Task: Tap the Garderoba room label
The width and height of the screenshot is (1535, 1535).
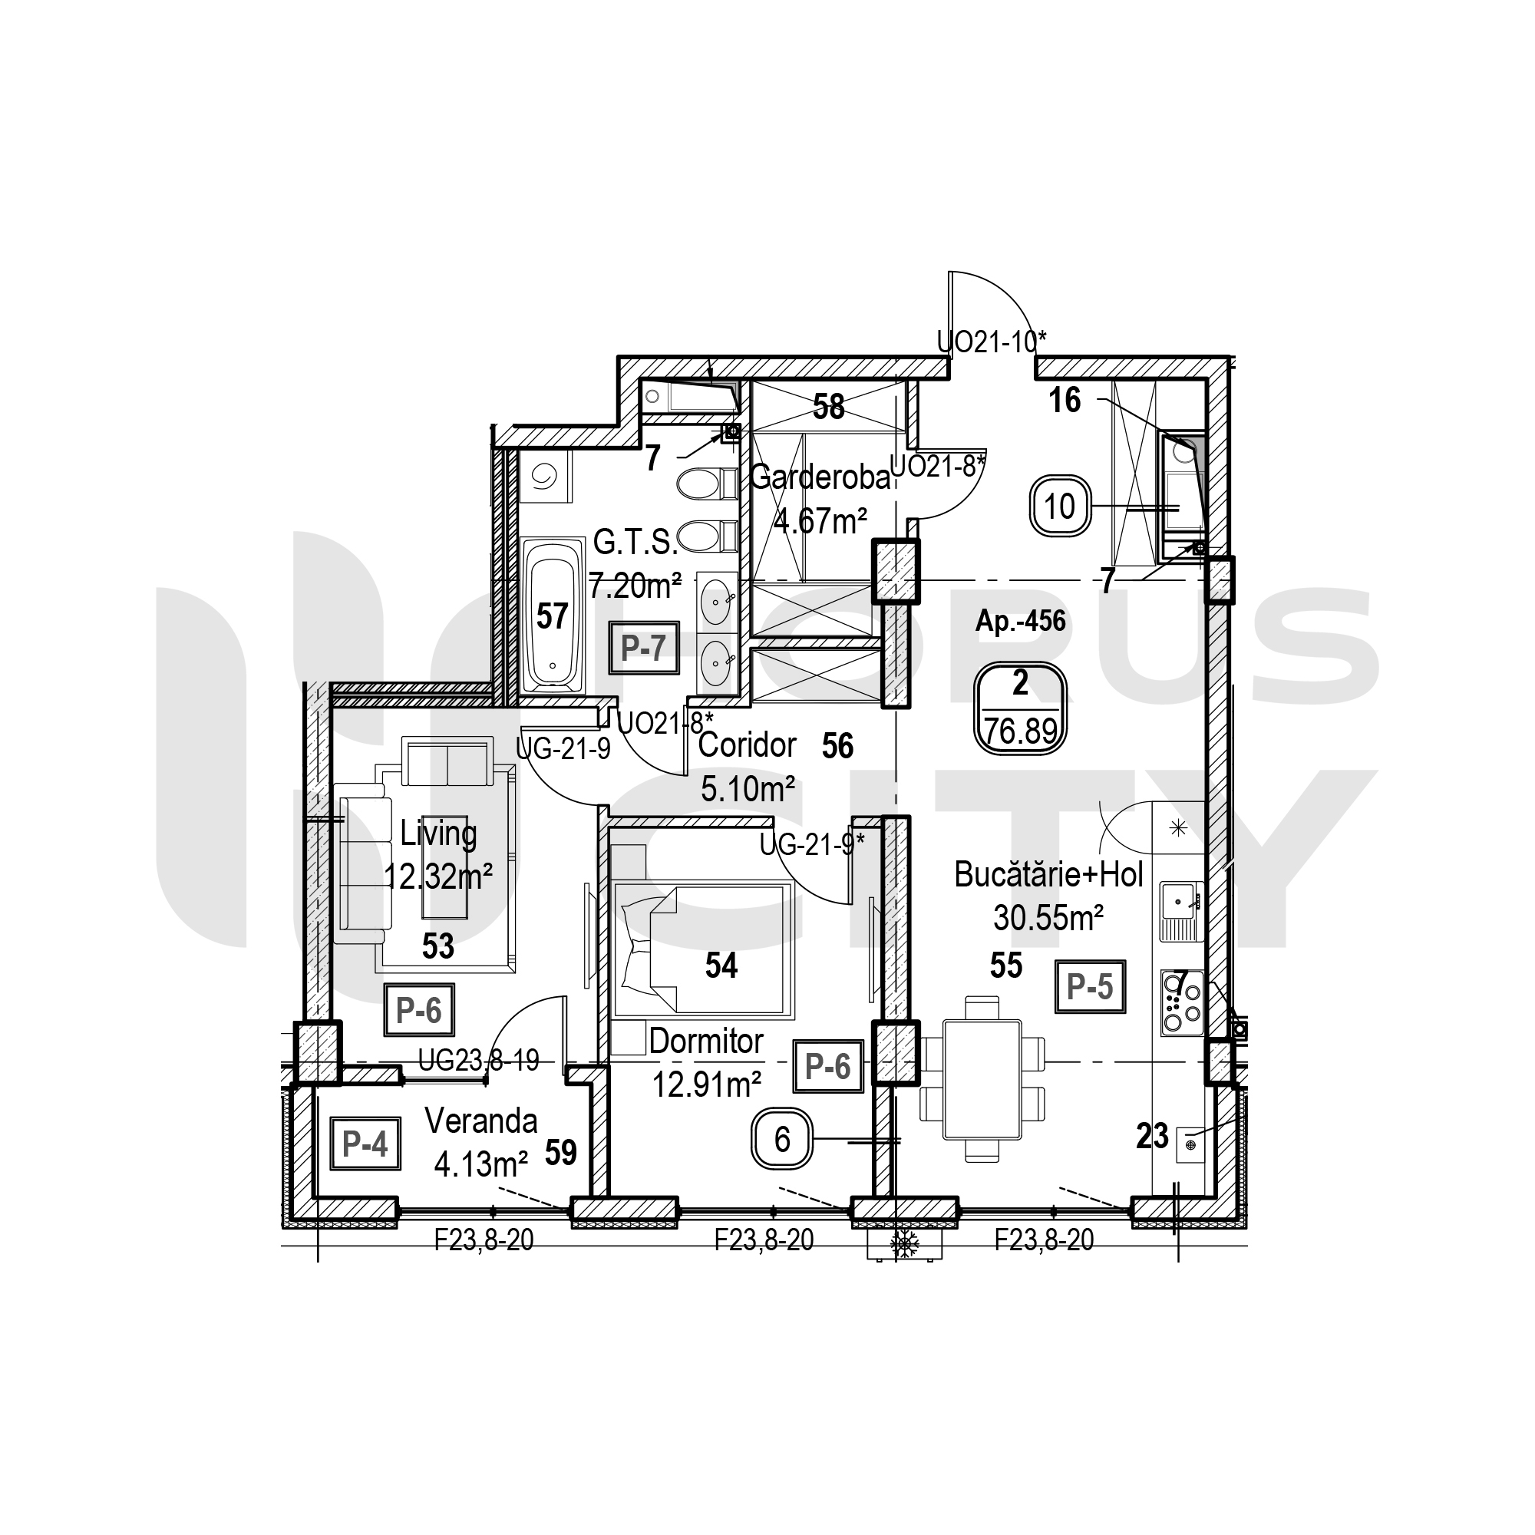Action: point(820,477)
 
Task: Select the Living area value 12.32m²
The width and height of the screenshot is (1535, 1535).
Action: point(438,877)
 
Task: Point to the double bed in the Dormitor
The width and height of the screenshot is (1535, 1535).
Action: point(703,949)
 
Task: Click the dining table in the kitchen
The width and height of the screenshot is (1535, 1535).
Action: point(982,1080)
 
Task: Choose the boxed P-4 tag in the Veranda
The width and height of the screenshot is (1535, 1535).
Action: point(365,1144)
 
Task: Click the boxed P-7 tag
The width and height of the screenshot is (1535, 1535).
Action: point(645,648)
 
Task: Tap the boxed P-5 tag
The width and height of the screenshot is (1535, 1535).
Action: point(1090,986)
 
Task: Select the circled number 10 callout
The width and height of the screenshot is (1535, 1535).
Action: point(1060,506)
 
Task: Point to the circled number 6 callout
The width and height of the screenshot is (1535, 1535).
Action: point(782,1141)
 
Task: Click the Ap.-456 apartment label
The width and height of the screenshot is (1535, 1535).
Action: point(1020,620)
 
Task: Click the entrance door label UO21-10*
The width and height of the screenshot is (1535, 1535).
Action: point(992,342)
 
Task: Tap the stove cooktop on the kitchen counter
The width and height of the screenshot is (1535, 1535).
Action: point(1182,1002)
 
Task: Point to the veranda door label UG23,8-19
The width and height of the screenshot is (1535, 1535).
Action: point(479,1060)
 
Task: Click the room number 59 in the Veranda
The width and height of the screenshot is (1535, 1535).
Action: point(561,1153)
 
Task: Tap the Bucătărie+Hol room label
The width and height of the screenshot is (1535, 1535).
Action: point(1048,875)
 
